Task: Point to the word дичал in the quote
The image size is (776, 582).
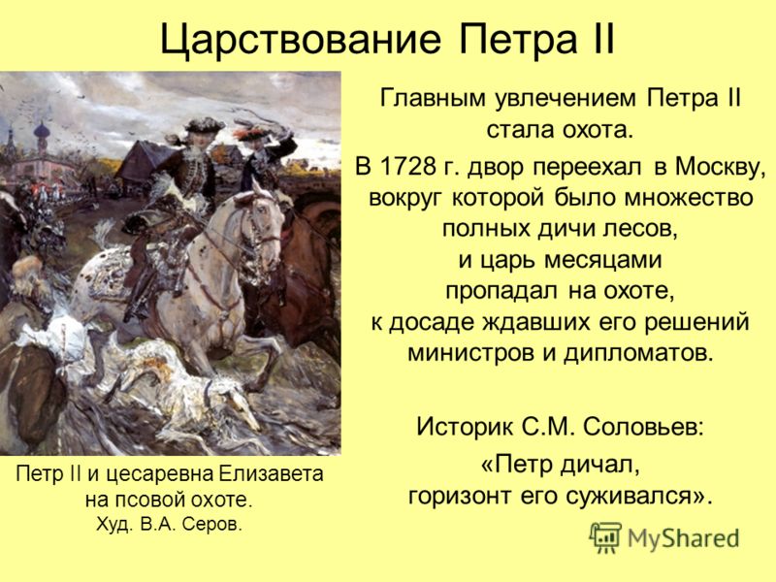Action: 598,466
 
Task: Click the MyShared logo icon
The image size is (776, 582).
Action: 605,537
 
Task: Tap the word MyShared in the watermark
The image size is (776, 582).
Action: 684,538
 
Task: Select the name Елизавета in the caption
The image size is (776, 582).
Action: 271,474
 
